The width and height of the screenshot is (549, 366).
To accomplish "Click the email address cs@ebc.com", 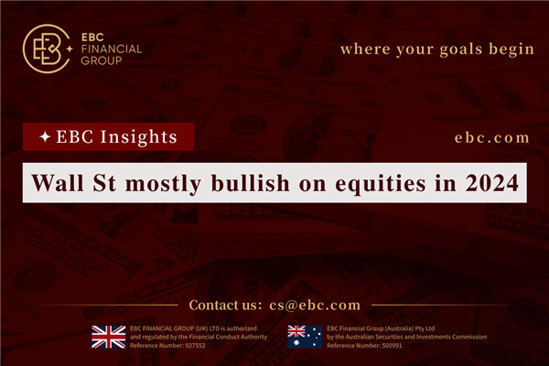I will (x=316, y=305).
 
